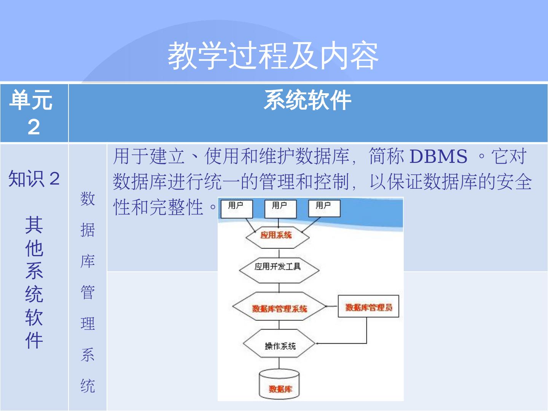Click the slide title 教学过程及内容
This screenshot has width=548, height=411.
(x=273, y=56)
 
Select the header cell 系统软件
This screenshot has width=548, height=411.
(x=307, y=101)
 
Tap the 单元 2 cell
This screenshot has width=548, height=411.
(x=34, y=113)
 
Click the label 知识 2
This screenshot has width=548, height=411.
(x=34, y=178)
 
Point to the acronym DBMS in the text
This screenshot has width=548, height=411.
(x=438, y=156)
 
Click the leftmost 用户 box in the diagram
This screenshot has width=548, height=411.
(x=236, y=208)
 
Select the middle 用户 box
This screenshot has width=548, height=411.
(x=280, y=208)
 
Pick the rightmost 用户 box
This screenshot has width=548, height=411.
(x=324, y=208)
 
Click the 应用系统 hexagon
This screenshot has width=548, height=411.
(x=277, y=236)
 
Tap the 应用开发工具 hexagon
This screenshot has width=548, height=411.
(x=279, y=267)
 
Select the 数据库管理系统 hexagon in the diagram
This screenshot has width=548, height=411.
(x=279, y=308)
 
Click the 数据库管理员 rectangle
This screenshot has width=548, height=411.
(x=368, y=307)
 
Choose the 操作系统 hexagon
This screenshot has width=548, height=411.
(x=280, y=346)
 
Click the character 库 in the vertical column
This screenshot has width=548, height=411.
(x=88, y=261)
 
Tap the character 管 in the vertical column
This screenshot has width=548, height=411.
(x=88, y=293)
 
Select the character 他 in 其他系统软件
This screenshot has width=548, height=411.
(x=34, y=248)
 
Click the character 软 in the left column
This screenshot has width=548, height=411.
(x=34, y=317)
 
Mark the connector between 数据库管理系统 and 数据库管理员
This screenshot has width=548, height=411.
(x=332, y=306)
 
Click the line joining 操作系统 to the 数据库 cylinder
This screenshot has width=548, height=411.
(x=279, y=363)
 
